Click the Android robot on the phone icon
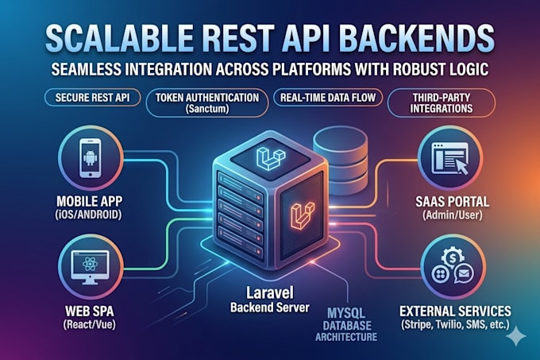[x=91, y=158]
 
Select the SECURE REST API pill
[x=92, y=98]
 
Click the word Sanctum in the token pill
[x=207, y=109]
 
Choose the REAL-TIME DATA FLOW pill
[x=328, y=98]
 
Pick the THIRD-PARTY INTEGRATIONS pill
[x=442, y=103]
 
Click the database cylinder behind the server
[x=340, y=159]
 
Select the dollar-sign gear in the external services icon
[x=453, y=257]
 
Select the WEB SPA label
[x=89, y=312]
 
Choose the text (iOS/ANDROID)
[x=88, y=215]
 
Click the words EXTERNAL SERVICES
[x=455, y=311]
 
